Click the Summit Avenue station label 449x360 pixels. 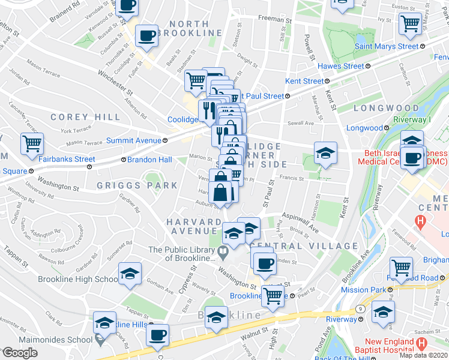(133, 140)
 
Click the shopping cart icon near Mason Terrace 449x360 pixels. (32, 144)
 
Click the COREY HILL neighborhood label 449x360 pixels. (86, 117)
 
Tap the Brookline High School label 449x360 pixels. (78, 279)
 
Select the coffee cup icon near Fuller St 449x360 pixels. (147, 35)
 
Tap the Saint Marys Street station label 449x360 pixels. (387, 46)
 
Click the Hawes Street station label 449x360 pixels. (340, 66)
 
